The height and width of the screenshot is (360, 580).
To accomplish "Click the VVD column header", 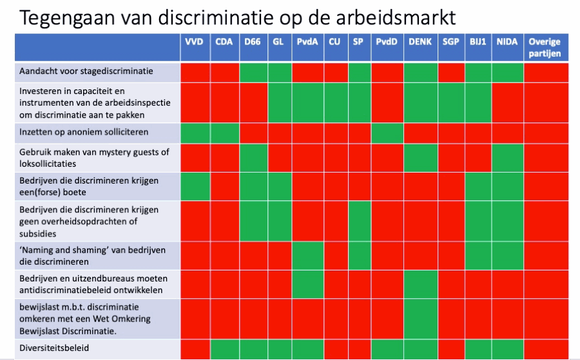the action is [x=194, y=42].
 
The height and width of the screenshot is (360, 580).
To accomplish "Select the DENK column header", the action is [x=420, y=42].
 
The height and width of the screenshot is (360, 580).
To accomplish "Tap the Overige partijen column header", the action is [x=545, y=48].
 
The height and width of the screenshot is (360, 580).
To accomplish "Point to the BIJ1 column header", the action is [x=478, y=42].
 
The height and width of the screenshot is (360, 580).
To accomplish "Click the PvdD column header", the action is [x=387, y=42].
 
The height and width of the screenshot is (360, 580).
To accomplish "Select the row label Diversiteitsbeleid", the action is [x=54, y=348].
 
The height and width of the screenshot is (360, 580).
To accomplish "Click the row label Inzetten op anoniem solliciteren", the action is [x=84, y=132].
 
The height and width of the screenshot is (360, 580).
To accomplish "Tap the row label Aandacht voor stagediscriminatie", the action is [x=86, y=71].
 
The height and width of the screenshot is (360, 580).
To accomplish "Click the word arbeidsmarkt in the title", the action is [x=396, y=17].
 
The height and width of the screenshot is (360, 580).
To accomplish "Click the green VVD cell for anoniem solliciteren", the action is [x=195, y=133].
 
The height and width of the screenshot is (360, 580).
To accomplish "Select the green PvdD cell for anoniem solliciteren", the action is [x=387, y=133].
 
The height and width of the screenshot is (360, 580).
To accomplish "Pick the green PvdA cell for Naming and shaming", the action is [x=308, y=256].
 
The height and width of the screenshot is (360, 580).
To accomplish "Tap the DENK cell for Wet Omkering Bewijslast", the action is [x=421, y=319].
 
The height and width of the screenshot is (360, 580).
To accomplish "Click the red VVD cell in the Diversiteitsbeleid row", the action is [x=195, y=349].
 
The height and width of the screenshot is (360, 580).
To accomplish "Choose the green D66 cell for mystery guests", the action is [x=253, y=158].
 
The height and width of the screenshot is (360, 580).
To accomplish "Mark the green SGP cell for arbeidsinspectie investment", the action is [x=451, y=103].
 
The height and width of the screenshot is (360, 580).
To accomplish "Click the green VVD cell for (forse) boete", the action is [x=195, y=186].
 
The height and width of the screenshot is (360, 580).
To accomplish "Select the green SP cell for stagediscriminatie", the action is [x=360, y=72].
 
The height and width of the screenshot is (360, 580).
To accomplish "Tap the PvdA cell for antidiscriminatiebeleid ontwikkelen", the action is [x=308, y=284].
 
